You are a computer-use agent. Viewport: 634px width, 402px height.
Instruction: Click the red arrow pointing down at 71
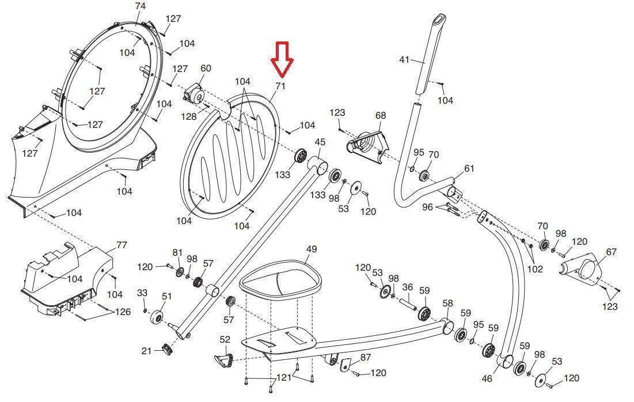[x=282, y=59]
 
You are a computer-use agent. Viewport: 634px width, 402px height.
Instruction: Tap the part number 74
[x=141, y=6]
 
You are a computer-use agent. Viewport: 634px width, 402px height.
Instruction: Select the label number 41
[x=404, y=59]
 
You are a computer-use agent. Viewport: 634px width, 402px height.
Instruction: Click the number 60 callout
[x=206, y=68]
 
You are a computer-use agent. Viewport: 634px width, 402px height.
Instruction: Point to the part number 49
[x=312, y=249]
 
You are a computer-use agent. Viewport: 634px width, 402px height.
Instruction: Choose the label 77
[x=122, y=245]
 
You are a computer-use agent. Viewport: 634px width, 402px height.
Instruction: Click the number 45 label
[x=320, y=142]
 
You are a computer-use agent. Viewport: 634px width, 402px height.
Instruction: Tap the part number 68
[x=381, y=115]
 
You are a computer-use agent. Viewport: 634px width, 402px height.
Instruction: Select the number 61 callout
[x=469, y=168]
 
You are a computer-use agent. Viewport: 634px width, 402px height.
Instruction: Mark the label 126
[x=123, y=312]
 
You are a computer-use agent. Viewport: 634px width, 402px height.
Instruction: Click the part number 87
[x=366, y=357]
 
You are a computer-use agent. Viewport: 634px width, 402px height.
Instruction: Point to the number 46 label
[x=487, y=378]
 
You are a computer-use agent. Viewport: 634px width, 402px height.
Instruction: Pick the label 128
[x=188, y=116]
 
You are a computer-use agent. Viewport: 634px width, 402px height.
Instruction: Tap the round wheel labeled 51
[x=157, y=317]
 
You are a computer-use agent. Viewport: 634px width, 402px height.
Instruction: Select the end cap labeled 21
[x=166, y=348]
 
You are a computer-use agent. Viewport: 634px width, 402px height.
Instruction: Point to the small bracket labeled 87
[x=345, y=365]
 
